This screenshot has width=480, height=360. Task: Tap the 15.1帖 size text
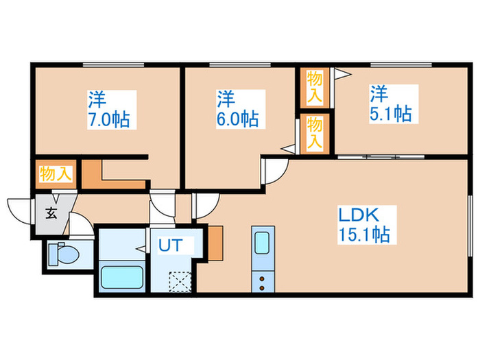tap(363, 235)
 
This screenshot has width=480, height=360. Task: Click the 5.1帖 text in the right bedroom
tap(391, 112)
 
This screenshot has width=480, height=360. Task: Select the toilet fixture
tap(63, 254)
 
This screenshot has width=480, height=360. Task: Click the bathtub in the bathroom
tap(121, 278)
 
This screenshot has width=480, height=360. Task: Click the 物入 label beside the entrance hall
tap(56, 173)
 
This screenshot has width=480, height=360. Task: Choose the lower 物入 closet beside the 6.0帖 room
tap(315, 133)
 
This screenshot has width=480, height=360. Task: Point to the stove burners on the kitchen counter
tap(263, 281)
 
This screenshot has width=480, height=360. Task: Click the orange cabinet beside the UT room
tap(215, 242)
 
